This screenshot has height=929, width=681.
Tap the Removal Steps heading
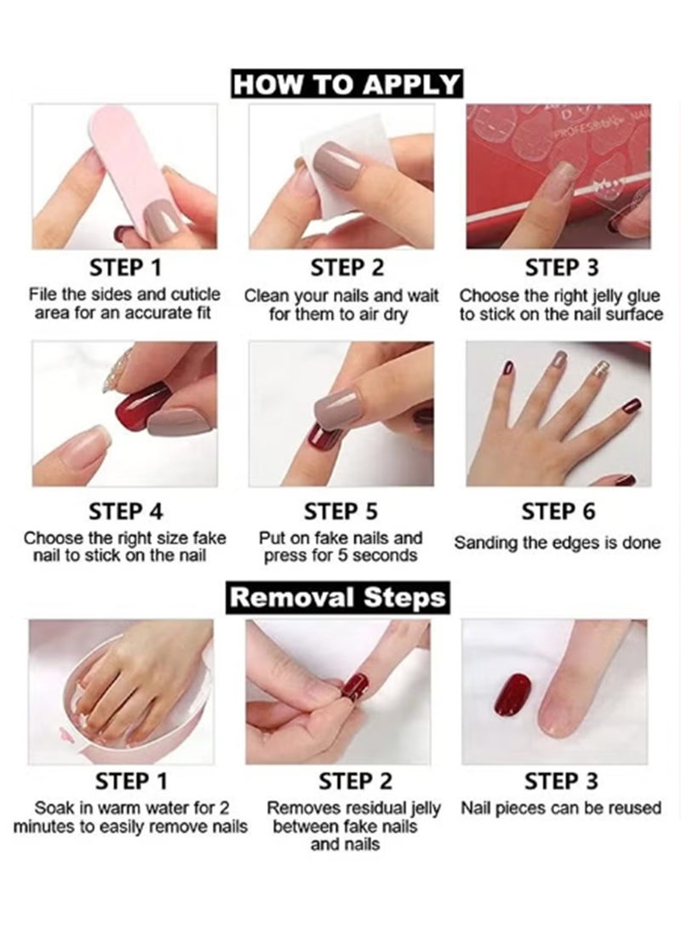click(x=338, y=596)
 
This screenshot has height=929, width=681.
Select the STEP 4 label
click(x=126, y=511)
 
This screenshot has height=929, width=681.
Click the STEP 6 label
click(x=558, y=511)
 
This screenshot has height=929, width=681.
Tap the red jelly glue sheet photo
click(x=558, y=175)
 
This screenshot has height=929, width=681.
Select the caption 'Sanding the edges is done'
click(x=558, y=542)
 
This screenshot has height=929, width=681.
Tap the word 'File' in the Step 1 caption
click(x=43, y=295)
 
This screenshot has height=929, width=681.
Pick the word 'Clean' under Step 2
click(x=265, y=296)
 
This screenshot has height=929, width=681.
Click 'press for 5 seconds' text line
click(x=340, y=556)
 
